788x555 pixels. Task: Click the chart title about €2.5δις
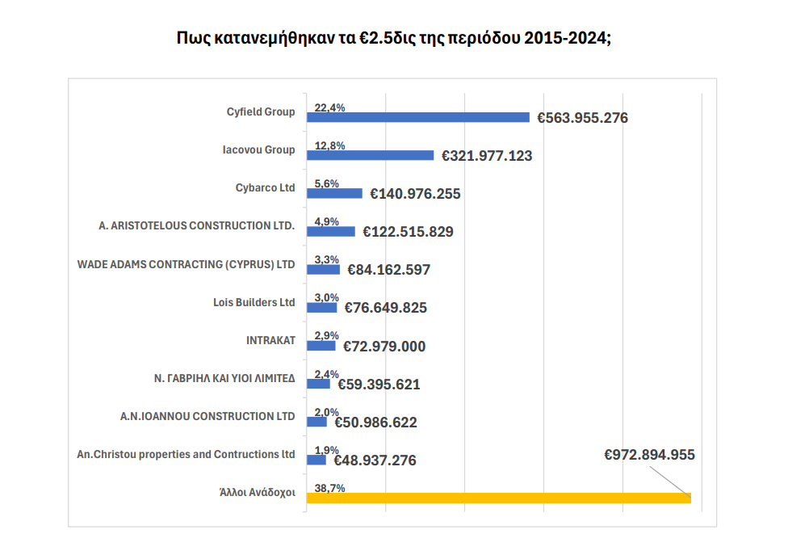coord(393,38)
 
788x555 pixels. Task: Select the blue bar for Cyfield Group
coord(418,117)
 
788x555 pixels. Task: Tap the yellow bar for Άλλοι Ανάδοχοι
coord(498,498)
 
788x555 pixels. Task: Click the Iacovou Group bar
coord(371,155)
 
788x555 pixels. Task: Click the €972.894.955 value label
coord(649,455)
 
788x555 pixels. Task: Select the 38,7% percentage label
coord(329,488)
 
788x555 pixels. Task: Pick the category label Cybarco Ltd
coord(265,188)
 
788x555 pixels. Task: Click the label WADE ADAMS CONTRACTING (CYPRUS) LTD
coord(186,264)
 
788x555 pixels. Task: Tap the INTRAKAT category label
coord(270,340)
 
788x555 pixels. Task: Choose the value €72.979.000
coord(384,347)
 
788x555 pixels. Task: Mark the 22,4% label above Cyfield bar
coord(329,107)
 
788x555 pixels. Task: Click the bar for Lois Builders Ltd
coord(322,308)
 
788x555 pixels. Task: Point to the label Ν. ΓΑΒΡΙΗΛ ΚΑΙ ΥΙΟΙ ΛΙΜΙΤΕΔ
coord(224,378)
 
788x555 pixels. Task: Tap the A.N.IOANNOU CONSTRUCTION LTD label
coord(207,416)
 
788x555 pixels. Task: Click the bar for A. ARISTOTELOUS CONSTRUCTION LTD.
coord(331,232)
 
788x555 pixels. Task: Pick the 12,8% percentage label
coord(329,145)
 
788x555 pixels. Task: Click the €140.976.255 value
coord(415,194)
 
